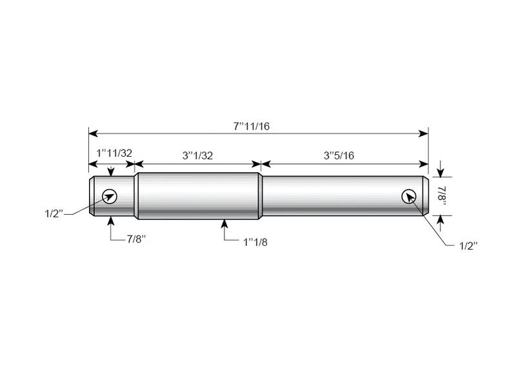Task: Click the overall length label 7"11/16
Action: point(252,126)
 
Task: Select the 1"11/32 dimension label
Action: point(114,154)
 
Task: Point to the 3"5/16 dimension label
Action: point(341,155)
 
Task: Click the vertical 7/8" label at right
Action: point(442,195)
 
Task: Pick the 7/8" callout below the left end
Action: point(136,238)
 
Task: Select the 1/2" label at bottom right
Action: point(466,246)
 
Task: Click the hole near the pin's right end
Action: point(408,196)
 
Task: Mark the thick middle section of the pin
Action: point(197,195)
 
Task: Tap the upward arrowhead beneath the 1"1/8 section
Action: point(225,223)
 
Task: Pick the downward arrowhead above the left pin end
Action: point(112,172)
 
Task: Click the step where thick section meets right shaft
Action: point(261,195)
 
